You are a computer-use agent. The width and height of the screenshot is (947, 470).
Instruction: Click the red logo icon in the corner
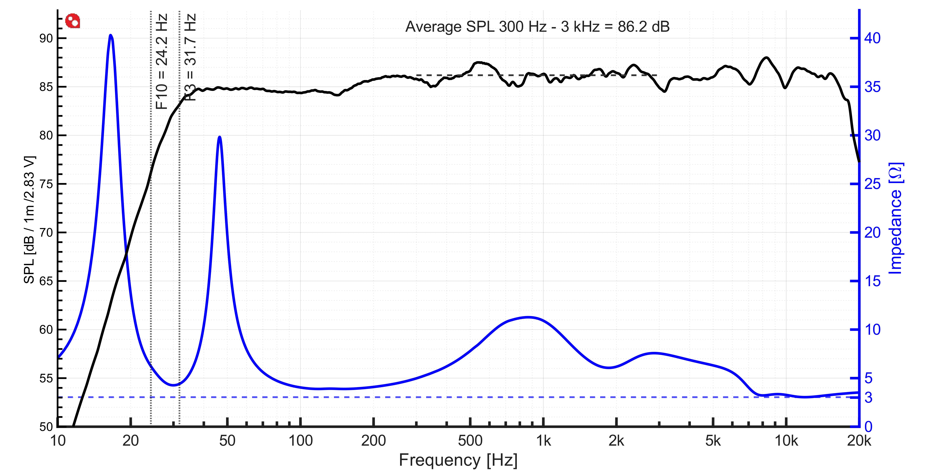(72, 21)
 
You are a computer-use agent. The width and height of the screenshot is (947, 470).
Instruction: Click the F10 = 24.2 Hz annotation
(162, 61)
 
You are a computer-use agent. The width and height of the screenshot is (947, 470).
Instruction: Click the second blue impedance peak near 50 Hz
(219, 137)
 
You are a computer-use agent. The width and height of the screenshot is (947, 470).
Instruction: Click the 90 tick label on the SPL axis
(46, 38)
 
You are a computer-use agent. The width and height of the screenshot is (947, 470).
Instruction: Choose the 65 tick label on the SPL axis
(46, 281)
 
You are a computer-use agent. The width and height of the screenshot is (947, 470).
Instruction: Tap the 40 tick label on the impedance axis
(872, 38)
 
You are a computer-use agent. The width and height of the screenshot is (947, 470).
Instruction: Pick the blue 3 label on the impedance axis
(868, 398)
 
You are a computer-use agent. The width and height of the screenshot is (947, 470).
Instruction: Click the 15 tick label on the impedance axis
(872, 281)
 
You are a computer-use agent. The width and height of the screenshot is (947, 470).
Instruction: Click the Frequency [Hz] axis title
(458, 460)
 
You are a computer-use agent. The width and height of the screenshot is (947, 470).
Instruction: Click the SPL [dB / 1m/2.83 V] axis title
(29, 220)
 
